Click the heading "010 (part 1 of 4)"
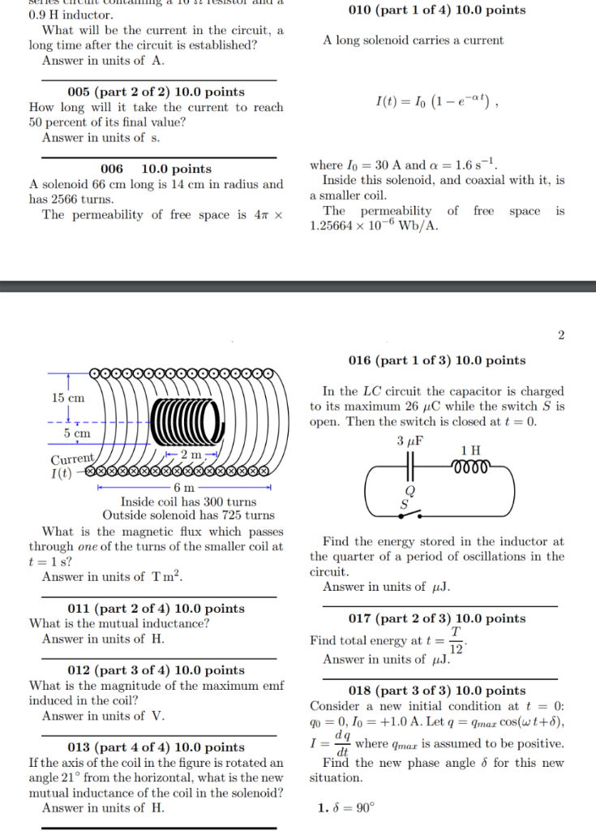(436, 11)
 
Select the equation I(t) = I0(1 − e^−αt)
(436, 102)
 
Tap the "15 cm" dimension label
(68, 398)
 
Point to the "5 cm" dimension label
(77, 433)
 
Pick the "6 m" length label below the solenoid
(183, 487)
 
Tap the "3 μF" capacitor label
(411, 441)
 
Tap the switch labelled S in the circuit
(413, 510)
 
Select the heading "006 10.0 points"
(156, 169)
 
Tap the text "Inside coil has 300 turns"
(188, 502)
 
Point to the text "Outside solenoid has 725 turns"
(188, 515)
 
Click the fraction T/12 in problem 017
(456, 640)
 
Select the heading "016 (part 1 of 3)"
(436, 360)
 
